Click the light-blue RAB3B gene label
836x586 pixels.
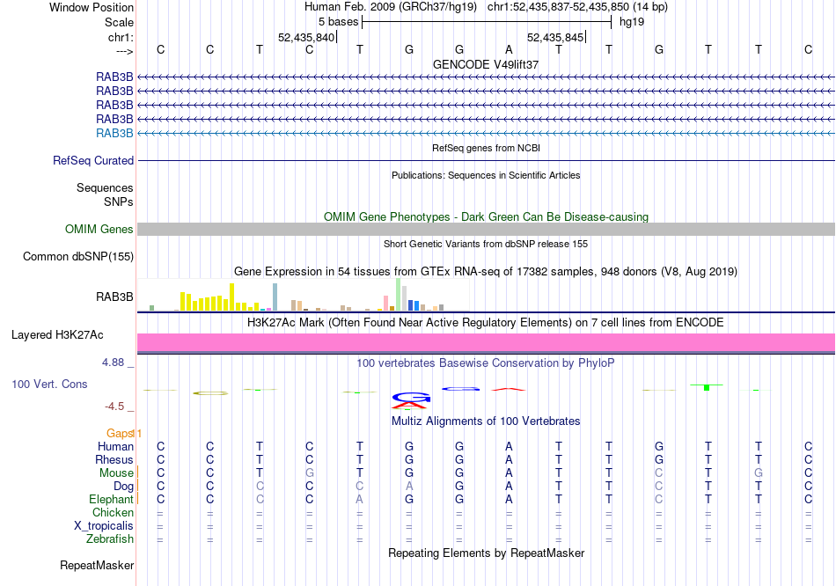114,133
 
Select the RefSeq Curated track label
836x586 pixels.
93,161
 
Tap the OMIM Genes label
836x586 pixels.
99,230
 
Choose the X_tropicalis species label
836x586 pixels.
104,526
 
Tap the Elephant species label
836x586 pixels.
111,499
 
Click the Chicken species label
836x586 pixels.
114,513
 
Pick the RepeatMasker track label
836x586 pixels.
96,565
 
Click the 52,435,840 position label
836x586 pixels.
306,38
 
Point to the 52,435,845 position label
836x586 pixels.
555,38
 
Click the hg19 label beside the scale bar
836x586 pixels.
632,21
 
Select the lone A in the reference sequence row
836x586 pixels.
509,49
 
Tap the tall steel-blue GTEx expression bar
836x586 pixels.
275,297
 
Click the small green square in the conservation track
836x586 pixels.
707,387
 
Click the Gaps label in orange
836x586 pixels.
121,433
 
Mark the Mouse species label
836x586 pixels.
116,472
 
